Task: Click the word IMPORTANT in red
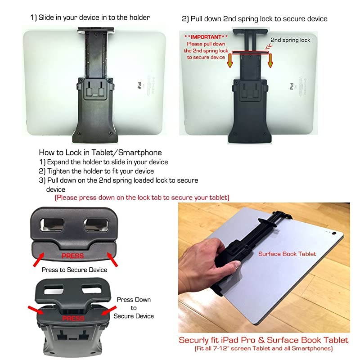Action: click(x=206, y=37)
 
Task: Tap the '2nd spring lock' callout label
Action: click(x=290, y=40)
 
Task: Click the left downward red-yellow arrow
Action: click(x=229, y=60)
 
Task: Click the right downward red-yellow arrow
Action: click(x=270, y=60)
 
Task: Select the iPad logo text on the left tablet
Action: click(x=139, y=85)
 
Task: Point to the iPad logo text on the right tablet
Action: click(x=292, y=86)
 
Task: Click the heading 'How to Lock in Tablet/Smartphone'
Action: click(x=100, y=153)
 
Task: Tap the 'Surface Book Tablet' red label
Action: click(x=287, y=254)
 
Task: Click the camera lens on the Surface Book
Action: click(x=334, y=233)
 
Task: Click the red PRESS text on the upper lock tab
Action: click(x=72, y=256)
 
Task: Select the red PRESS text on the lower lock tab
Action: click(x=73, y=318)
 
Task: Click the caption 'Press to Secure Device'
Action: click(x=74, y=270)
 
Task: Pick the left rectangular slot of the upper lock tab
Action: click(x=52, y=224)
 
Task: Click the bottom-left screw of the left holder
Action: click(x=80, y=133)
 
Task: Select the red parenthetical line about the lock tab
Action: click(x=142, y=198)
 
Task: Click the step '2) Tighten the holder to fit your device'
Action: click(x=96, y=171)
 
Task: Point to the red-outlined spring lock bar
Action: click(x=250, y=53)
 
